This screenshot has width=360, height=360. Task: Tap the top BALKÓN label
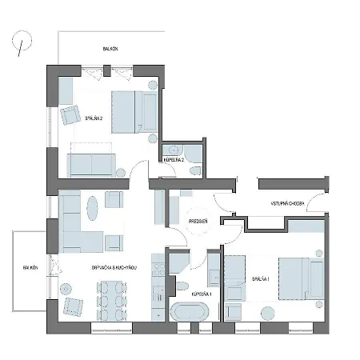(110, 49)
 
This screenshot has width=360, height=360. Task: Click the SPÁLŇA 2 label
(94, 119)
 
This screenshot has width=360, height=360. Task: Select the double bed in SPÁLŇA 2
(132, 111)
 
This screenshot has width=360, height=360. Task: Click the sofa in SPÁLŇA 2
(93, 165)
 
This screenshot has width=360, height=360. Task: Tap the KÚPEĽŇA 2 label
(174, 160)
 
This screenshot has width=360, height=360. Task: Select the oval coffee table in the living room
(92, 210)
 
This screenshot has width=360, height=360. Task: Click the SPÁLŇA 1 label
(261, 280)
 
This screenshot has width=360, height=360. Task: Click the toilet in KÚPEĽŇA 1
(182, 286)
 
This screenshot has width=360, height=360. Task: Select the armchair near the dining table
(74, 306)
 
